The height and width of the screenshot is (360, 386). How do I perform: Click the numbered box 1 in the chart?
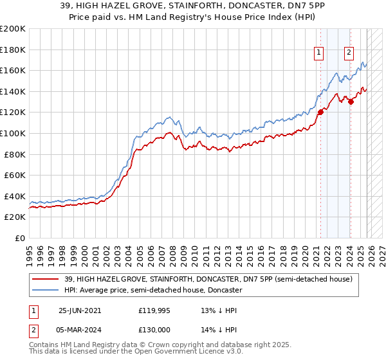tap(319, 53)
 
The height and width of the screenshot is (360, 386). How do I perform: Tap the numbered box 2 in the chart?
tap(349, 53)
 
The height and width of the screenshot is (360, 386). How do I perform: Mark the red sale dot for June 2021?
tap(320, 111)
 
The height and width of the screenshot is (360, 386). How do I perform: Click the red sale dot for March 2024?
tap(351, 101)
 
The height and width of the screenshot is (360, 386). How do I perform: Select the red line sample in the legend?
tap(45, 279)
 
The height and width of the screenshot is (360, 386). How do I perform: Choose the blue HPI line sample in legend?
tap(45, 290)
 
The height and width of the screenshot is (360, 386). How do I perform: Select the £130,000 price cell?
tap(154, 328)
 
